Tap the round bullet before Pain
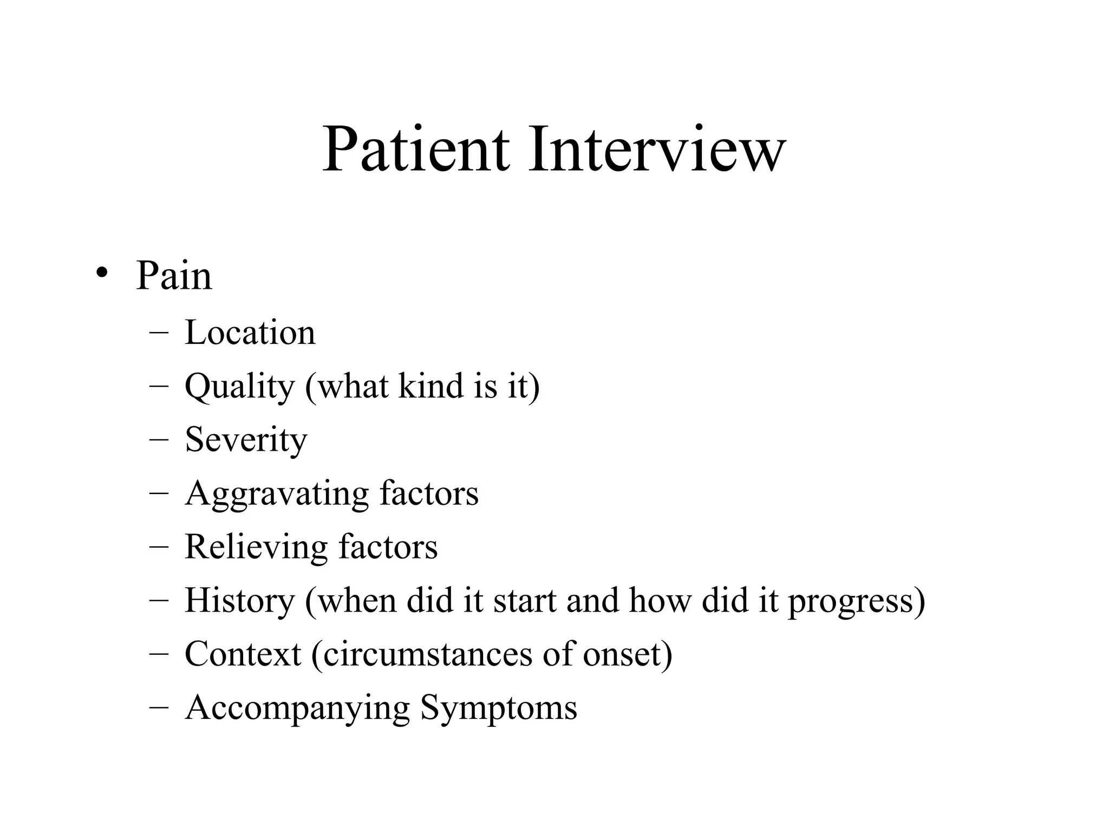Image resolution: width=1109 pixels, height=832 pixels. point(101,274)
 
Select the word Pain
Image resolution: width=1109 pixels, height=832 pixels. point(174,276)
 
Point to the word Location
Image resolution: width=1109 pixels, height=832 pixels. point(250,332)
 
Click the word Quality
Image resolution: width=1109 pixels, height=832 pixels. point(239,387)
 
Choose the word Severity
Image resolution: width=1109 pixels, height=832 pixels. point(246,439)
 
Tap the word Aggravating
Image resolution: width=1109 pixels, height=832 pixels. point(276,494)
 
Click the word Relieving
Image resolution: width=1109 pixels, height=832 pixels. point(256,547)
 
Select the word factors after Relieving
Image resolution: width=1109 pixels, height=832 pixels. point(388,547)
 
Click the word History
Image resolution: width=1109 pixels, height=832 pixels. point(239,601)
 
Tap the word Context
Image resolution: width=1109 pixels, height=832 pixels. point(243,654)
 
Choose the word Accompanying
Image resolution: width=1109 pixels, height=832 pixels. point(297,708)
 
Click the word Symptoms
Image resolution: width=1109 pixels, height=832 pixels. point(499,708)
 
